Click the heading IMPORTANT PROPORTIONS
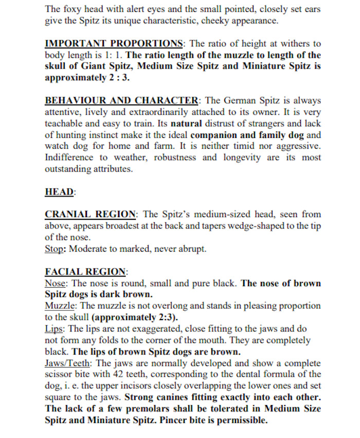click(x=114, y=43)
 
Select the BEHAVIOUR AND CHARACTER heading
click(x=121, y=100)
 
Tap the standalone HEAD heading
click(x=60, y=191)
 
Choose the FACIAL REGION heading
click(x=85, y=271)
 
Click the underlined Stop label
click(x=55, y=249)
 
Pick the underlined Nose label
click(x=56, y=283)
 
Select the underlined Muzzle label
click(x=60, y=306)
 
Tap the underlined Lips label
click(x=55, y=328)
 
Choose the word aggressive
click(x=297, y=146)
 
